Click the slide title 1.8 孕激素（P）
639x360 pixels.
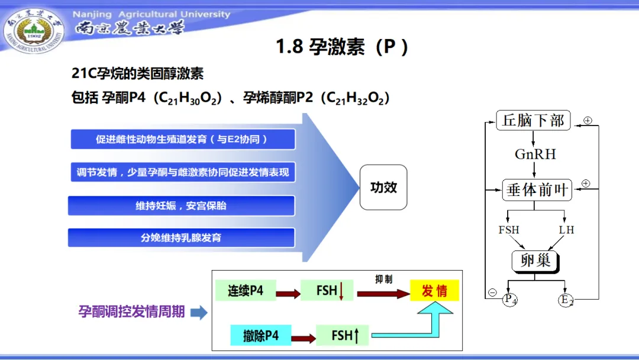point(343,47)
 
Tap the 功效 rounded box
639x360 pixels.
point(383,187)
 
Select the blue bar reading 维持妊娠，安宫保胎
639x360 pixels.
point(181,206)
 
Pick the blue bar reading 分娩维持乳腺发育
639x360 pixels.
point(181,237)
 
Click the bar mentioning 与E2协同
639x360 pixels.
point(182,139)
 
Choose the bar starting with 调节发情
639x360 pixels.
point(183,172)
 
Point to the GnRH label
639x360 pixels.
point(535,155)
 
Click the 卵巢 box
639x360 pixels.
point(535,260)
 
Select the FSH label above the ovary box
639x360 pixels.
point(509,230)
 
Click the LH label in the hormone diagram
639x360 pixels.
point(566,230)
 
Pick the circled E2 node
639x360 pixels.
point(566,300)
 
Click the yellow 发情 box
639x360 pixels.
point(434,291)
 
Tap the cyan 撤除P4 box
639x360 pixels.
point(261,336)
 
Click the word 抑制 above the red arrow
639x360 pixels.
point(383,279)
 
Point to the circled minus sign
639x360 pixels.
point(492,292)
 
